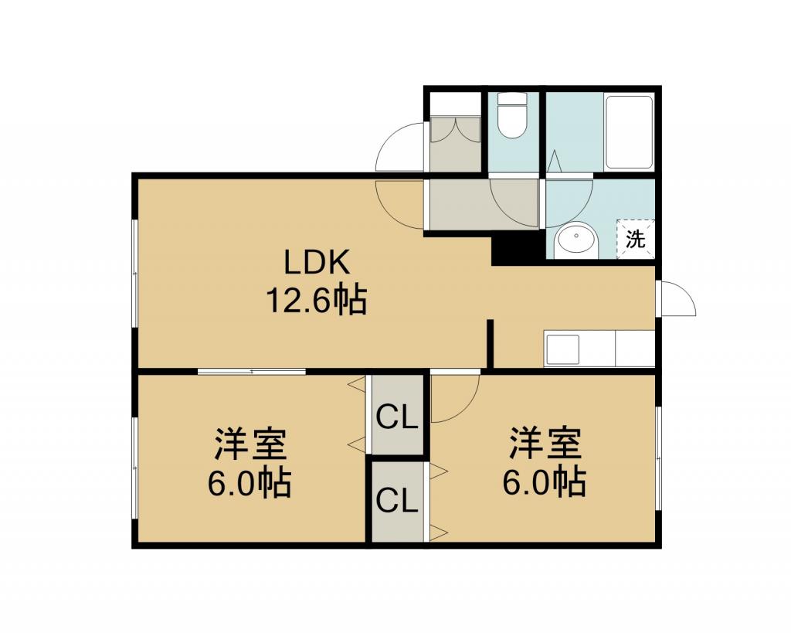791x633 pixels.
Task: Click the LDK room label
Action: pos(317,263)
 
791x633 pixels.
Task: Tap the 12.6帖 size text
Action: pos(316,301)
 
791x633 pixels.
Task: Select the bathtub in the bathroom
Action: pos(629,131)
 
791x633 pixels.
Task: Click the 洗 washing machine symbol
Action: pos(635,239)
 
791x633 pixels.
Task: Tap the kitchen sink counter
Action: pos(599,349)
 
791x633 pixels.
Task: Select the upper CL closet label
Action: pos(398,418)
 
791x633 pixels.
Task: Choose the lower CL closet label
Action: pos(398,502)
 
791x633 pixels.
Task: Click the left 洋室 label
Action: pos(251,444)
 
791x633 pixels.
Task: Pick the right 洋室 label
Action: pos(545,443)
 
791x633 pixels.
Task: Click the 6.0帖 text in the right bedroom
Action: pos(544,482)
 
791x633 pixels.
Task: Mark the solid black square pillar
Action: pos(518,250)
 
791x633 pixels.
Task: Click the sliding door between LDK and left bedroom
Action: pos(252,372)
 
